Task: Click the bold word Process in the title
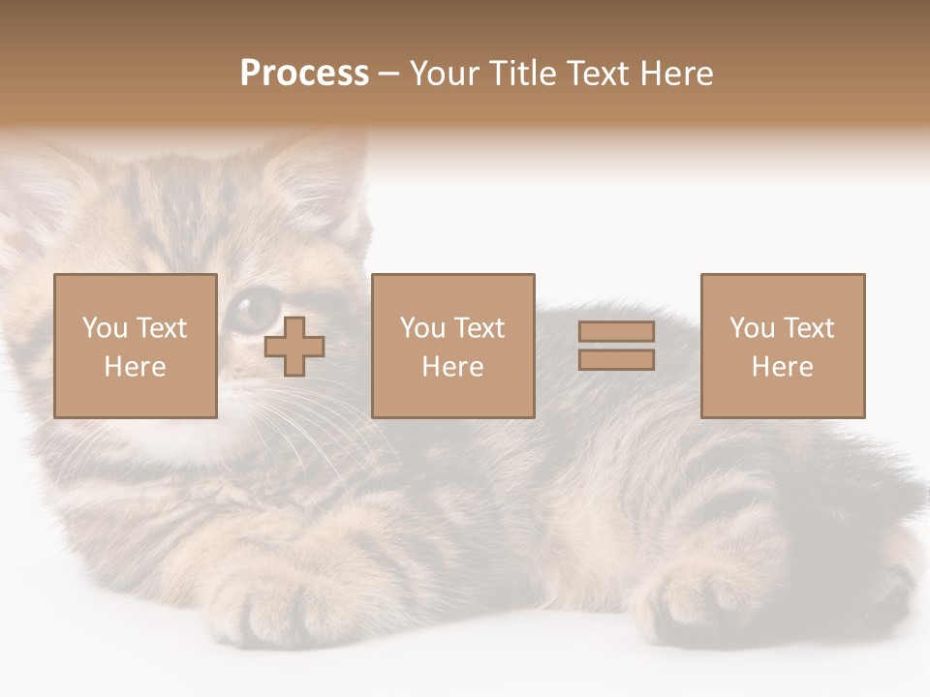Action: click(x=304, y=73)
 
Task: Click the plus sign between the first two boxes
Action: click(x=294, y=347)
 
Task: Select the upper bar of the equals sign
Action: click(x=616, y=331)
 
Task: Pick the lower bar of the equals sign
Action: click(x=616, y=360)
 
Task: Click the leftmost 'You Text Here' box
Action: click(x=136, y=346)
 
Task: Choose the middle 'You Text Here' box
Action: click(x=452, y=346)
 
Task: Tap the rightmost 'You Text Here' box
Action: click(x=783, y=346)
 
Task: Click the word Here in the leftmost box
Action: click(x=135, y=367)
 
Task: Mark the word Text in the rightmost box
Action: click(x=808, y=328)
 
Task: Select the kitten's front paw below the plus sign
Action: click(x=266, y=605)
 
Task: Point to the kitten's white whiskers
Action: click(x=310, y=436)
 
